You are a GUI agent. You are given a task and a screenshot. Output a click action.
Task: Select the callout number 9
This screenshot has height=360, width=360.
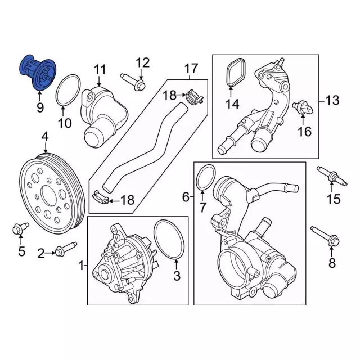[x=40, y=107]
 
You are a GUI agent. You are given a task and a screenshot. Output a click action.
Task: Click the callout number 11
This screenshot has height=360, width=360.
[x=100, y=69]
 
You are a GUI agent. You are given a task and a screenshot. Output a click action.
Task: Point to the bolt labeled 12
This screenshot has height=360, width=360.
[x=133, y=82]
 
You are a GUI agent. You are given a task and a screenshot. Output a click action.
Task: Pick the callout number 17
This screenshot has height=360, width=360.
[x=191, y=68]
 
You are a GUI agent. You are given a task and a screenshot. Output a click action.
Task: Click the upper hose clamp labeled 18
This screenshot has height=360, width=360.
[x=195, y=97]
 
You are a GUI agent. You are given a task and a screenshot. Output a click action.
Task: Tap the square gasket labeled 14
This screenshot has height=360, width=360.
[x=236, y=73]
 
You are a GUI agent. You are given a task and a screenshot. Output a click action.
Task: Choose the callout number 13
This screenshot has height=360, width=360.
[x=332, y=100]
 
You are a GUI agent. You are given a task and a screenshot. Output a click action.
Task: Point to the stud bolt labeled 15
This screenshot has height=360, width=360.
[x=332, y=175]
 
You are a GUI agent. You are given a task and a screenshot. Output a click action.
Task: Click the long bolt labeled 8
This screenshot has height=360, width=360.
[x=325, y=236]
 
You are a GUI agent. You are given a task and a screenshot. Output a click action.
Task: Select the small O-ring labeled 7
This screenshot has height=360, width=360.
[x=206, y=177]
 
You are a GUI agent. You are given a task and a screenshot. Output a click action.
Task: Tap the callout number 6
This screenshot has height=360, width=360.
[x=186, y=197]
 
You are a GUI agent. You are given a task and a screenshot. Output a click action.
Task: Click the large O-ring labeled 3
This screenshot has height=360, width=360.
[x=169, y=240]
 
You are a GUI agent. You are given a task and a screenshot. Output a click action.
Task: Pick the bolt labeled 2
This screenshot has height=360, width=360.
[x=66, y=249]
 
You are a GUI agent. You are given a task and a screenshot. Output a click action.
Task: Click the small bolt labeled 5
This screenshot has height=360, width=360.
[x=20, y=228]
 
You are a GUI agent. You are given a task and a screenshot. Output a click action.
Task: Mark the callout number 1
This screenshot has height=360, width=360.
[x=81, y=266]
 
